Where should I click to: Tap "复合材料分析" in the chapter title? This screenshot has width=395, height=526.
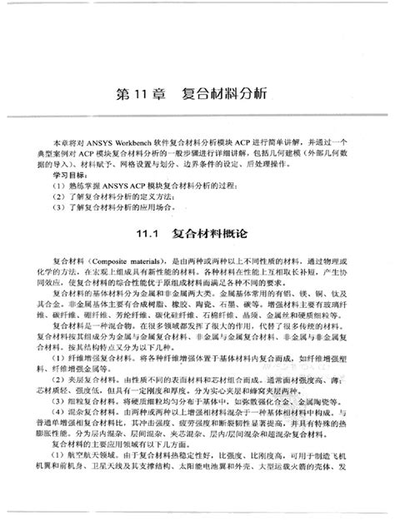tap(222, 93)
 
